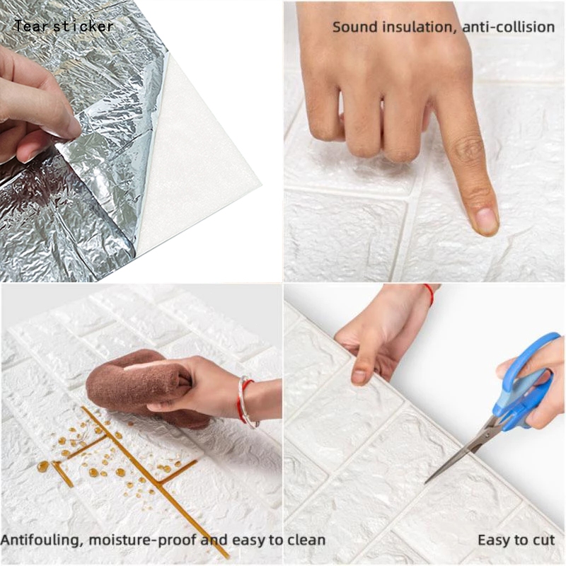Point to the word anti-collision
tap(509, 27)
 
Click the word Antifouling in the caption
tap(42, 541)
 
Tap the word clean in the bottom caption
tap(306, 541)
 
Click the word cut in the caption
tap(543, 541)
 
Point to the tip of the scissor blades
tap(426, 483)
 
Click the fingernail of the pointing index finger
tap(486, 219)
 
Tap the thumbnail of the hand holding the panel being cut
tap(359, 376)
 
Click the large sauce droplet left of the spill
tap(43, 467)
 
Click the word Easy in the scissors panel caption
tap(493, 541)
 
